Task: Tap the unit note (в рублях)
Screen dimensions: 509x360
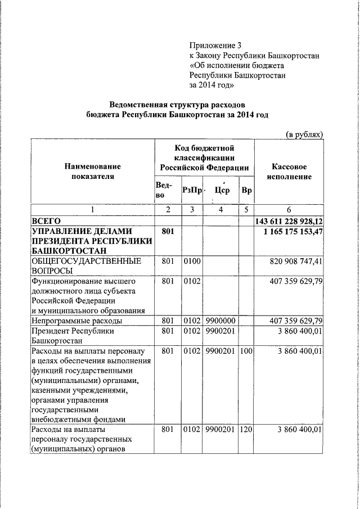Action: tap(304, 134)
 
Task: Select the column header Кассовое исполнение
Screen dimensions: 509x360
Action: tap(289, 172)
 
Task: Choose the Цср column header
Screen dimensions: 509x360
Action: tap(222, 191)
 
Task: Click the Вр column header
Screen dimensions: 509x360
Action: tap(246, 191)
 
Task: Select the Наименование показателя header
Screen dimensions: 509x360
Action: tap(93, 172)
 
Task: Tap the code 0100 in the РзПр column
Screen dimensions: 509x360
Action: tap(191, 262)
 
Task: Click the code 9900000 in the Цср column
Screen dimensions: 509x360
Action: tap(220, 321)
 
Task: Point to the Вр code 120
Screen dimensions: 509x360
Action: tap(246, 430)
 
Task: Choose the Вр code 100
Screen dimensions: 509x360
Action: tap(246, 352)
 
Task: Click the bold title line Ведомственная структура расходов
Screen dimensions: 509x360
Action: tap(177, 105)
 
